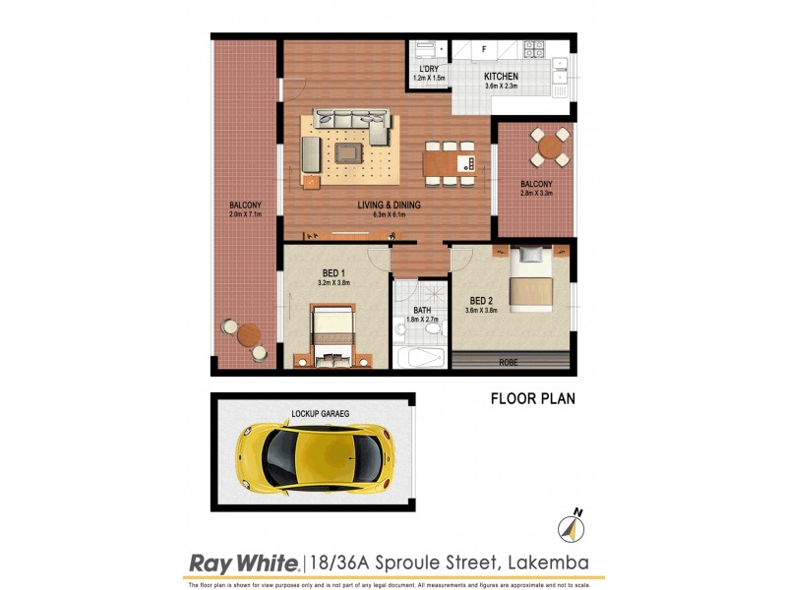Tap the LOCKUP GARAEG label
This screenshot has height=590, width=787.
[321, 414]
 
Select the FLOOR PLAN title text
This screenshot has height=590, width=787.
[532, 399]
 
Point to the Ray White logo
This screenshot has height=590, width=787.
[243, 562]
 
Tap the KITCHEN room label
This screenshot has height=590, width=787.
[501, 76]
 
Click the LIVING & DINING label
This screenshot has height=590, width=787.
[389, 205]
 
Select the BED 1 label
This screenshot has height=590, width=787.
[333, 272]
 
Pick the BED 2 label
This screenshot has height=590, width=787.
[481, 300]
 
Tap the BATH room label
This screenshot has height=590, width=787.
[421, 310]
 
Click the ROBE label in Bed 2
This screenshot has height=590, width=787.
[509, 363]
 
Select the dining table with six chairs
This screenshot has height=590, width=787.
[449, 161]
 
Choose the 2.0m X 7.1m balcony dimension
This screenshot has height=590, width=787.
[245, 214]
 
